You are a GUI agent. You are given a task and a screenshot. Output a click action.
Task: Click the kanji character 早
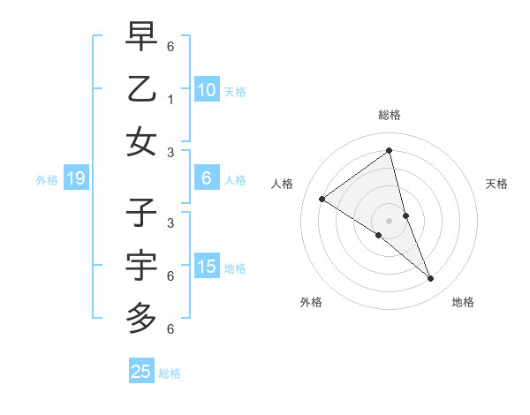click(141, 36)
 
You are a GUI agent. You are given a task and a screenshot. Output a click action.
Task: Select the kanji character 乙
click(141, 89)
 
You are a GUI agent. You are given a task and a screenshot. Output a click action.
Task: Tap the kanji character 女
click(141, 142)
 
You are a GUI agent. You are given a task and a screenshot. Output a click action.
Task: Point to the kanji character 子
click(141, 213)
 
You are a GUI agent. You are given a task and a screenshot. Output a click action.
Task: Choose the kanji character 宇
click(141, 266)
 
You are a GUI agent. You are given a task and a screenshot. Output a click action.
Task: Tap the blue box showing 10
click(207, 90)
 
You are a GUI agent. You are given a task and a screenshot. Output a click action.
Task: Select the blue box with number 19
click(75, 179)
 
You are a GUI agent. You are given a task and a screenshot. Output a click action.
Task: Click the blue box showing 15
click(207, 268)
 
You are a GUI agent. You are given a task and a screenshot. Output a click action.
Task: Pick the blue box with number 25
click(141, 372)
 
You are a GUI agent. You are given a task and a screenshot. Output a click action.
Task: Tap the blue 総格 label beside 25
click(170, 373)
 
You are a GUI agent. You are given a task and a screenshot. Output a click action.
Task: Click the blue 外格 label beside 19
click(47, 180)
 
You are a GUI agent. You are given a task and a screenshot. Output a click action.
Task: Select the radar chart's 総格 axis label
click(390, 115)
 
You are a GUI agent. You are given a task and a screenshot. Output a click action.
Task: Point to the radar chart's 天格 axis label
click(496, 184)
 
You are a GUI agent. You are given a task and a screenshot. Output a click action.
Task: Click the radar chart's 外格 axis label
click(311, 302)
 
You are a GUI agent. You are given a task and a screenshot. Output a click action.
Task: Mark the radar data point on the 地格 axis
click(431, 279)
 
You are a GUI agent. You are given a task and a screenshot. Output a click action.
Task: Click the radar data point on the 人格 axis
click(322, 199)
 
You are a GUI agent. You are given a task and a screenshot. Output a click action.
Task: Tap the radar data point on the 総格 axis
click(390, 151)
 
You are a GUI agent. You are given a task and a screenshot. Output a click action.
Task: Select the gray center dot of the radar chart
click(390, 221)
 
